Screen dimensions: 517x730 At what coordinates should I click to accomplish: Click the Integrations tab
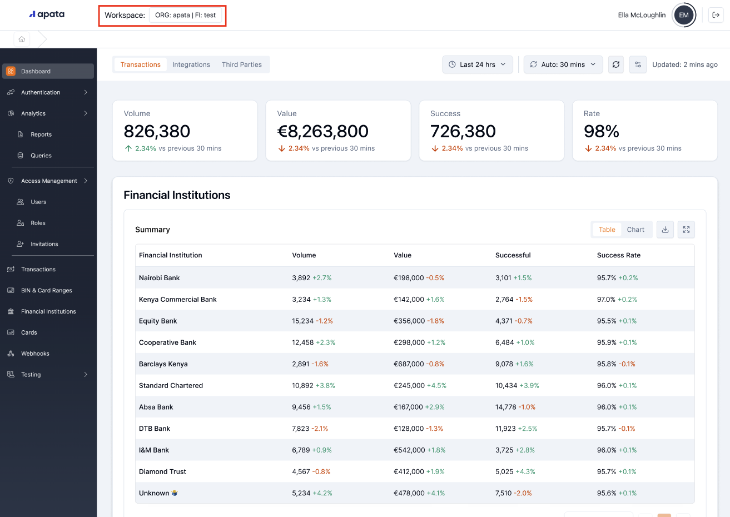191,64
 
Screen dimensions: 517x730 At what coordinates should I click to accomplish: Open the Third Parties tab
241,64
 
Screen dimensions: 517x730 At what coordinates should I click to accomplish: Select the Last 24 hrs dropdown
477,64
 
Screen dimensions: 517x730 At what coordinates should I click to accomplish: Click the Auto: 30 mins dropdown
563,64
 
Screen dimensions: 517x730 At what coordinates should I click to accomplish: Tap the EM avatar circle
683,15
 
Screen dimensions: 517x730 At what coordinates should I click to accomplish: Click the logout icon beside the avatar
716,15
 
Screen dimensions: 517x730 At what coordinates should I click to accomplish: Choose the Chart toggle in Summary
635,230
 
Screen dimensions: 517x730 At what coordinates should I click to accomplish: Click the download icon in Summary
665,230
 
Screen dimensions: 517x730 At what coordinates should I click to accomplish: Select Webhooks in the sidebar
35,354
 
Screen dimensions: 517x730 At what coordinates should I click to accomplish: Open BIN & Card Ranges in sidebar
46,290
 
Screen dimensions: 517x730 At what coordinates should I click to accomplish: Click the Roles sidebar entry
38,223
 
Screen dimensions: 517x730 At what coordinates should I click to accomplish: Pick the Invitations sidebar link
44,244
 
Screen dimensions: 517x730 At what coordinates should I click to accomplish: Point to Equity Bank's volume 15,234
303,321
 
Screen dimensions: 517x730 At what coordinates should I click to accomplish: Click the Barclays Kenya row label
163,364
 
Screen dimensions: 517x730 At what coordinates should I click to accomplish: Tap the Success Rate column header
618,255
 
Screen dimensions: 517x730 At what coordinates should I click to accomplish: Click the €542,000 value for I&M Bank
409,450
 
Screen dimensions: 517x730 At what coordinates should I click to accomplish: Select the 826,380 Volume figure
157,131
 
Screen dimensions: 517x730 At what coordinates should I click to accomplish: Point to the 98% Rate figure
601,131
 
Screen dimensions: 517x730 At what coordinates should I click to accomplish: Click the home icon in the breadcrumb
22,39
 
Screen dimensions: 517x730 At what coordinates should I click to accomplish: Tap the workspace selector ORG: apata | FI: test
185,15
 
